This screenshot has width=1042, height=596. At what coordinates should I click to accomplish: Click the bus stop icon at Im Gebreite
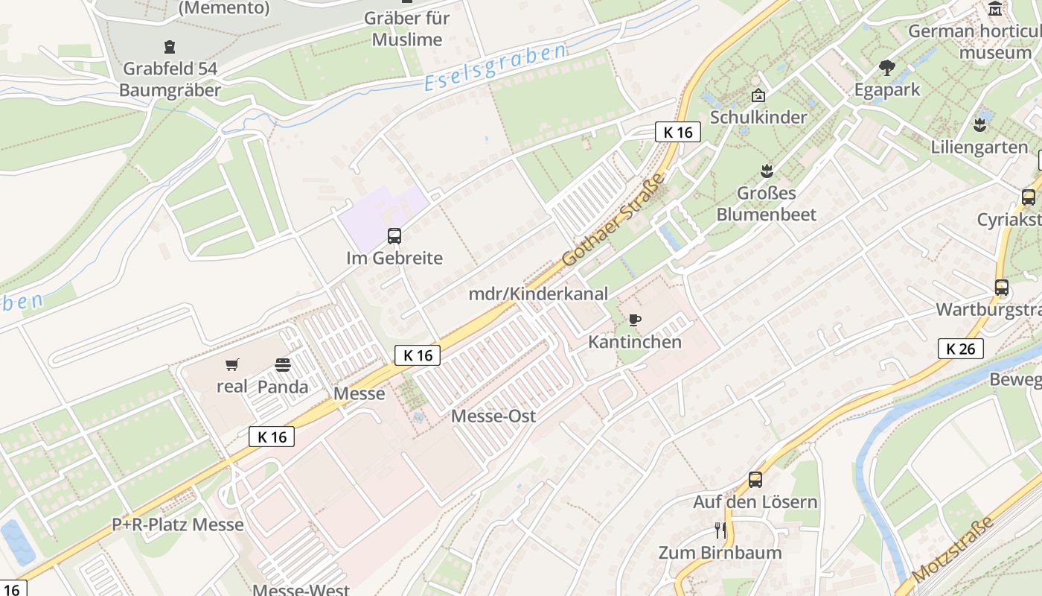click(394, 236)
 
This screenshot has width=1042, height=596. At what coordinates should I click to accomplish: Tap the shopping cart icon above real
click(232, 364)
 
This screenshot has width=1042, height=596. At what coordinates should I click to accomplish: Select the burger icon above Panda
click(283, 364)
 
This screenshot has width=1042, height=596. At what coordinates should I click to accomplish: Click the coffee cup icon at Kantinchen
click(634, 320)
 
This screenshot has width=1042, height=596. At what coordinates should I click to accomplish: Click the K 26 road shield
click(960, 348)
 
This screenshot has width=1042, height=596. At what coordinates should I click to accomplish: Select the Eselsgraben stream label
click(496, 68)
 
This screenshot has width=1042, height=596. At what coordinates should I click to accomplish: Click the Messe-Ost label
click(493, 416)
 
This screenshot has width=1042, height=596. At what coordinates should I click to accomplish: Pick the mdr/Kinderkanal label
click(538, 294)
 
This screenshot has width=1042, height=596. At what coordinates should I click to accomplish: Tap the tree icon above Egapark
click(886, 68)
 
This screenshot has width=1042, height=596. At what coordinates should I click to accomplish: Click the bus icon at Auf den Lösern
click(755, 479)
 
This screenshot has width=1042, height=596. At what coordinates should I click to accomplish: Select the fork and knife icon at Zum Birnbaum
click(720, 530)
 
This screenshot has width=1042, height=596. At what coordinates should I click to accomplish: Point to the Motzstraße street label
click(953, 550)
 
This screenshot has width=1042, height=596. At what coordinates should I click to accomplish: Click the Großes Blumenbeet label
click(767, 203)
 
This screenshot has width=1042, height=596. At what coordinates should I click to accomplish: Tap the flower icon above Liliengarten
click(979, 124)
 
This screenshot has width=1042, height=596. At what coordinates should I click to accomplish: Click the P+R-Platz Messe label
click(178, 524)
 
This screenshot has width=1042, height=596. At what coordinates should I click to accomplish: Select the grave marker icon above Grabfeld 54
click(170, 47)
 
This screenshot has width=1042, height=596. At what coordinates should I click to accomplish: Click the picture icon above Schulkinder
click(758, 95)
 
